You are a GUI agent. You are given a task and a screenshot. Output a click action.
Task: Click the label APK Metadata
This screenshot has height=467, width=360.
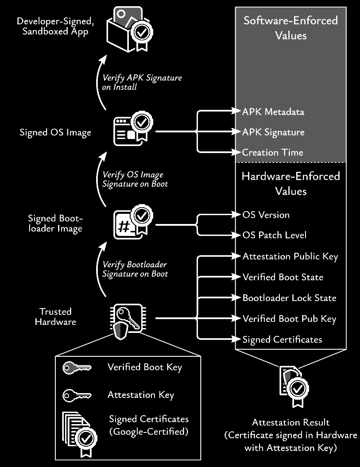273,112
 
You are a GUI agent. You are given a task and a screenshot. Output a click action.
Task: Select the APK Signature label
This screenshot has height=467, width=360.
273,132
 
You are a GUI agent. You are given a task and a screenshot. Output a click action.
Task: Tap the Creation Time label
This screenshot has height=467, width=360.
272,153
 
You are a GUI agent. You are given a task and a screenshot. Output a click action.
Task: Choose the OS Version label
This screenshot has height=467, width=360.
266,215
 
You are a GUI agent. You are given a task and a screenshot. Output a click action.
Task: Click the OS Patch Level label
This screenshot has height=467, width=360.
274,235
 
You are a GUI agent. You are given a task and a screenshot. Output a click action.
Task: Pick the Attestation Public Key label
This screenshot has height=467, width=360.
290,257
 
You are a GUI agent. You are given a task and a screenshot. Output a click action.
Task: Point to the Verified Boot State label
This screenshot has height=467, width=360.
283,278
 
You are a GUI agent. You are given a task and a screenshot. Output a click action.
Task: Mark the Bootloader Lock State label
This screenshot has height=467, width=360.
289,298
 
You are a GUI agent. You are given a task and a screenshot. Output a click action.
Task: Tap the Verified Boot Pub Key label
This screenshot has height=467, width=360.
289,319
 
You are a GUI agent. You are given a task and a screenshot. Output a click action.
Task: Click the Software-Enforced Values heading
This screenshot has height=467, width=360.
290,27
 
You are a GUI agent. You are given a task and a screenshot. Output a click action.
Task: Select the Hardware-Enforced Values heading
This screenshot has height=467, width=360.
290,184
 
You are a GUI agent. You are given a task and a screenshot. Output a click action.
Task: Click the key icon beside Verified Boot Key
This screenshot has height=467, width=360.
77,368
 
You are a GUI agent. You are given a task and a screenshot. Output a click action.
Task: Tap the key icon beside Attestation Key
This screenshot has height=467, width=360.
77,395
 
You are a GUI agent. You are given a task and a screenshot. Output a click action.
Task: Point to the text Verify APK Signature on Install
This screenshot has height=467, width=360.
142,82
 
